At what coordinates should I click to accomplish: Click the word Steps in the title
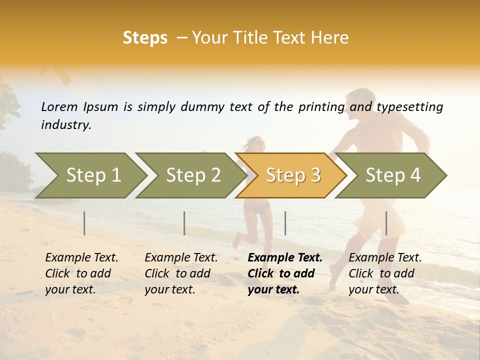[145, 38]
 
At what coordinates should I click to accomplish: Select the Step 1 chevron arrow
[90, 175]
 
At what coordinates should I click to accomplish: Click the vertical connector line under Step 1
[84, 223]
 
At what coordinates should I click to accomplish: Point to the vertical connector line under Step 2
[184, 223]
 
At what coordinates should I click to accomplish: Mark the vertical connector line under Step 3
[285, 223]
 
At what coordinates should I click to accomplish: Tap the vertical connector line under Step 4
[386, 223]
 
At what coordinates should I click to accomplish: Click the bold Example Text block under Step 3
[284, 273]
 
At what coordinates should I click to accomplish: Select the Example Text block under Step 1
[81, 273]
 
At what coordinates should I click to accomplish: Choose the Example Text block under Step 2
[181, 273]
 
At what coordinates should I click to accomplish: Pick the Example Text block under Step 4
[385, 273]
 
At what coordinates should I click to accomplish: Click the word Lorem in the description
[59, 107]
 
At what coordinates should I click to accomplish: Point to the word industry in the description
[66, 125]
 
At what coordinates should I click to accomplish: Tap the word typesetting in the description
[409, 107]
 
